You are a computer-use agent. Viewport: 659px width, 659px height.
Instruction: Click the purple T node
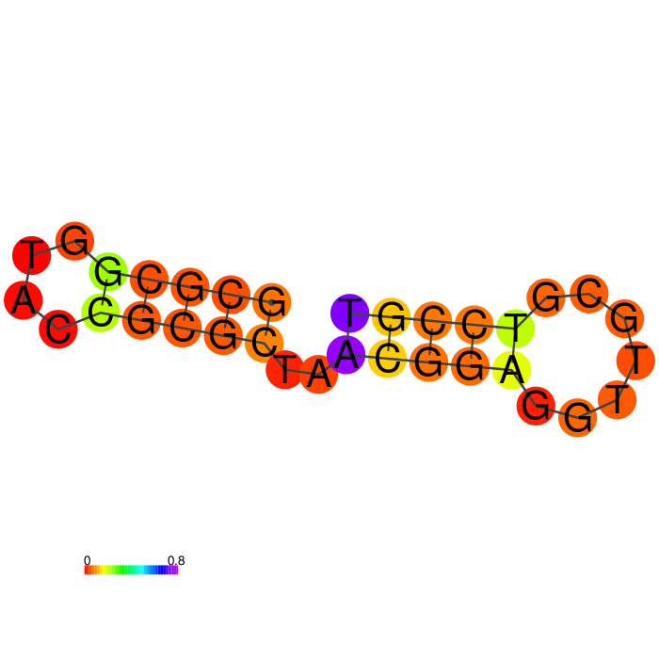[x=349, y=313]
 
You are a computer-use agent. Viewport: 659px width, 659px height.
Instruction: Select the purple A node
[x=346, y=354]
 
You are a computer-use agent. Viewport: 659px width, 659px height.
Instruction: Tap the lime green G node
[x=108, y=271]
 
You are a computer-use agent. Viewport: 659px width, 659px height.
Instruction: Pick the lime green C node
[x=101, y=313]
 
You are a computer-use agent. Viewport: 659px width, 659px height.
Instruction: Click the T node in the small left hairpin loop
[x=31, y=255]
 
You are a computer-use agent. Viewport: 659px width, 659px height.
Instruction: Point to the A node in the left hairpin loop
[x=24, y=300]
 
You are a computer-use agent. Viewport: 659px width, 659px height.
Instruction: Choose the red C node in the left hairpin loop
[x=58, y=329]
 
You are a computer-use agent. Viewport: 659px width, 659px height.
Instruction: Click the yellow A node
[x=511, y=370]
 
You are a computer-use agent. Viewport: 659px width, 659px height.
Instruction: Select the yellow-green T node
[x=515, y=329]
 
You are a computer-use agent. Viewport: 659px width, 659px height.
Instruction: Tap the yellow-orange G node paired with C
[x=391, y=317]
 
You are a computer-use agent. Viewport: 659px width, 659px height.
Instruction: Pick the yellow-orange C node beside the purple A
[x=387, y=359]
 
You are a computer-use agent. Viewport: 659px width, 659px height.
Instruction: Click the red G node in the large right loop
[x=536, y=406]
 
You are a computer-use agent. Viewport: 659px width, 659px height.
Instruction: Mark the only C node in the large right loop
[x=589, y=294]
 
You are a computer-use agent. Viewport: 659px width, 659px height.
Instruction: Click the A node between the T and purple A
[x=318, y=374]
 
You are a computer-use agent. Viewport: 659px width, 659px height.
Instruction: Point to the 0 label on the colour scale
[x=87, y=560]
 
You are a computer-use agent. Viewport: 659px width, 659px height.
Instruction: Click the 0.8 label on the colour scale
[x=176, y=560]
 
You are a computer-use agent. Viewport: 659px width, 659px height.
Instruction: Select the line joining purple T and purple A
[x=348, y=333]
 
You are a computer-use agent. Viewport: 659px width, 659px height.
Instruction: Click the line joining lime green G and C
[x=104, y=292]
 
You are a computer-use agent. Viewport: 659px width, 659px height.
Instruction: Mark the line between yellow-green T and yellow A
[x=514, y=349]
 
